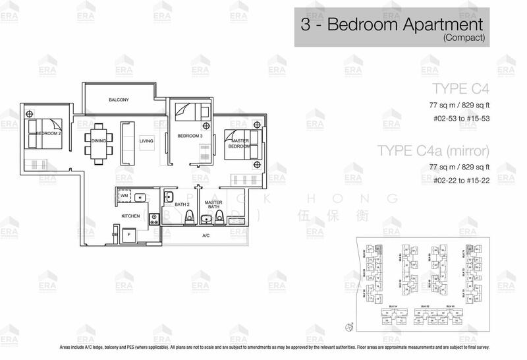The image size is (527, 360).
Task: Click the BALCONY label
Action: point(118,100)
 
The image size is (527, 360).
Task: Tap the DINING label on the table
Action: point(99,140)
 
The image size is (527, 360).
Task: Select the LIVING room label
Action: point(146,140)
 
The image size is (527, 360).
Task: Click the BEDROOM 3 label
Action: point(189,136)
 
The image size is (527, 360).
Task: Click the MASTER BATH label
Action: point(213,206)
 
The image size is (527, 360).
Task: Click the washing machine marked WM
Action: point(124,196)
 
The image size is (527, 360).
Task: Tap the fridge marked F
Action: point(130,234)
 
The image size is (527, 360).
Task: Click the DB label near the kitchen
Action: point(115,234)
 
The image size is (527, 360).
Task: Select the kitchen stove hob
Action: point(153,221)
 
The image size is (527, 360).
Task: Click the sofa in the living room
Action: point(126,143)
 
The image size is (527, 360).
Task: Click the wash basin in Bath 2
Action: point(169,196)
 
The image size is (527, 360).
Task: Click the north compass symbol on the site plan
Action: point(349,326)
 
